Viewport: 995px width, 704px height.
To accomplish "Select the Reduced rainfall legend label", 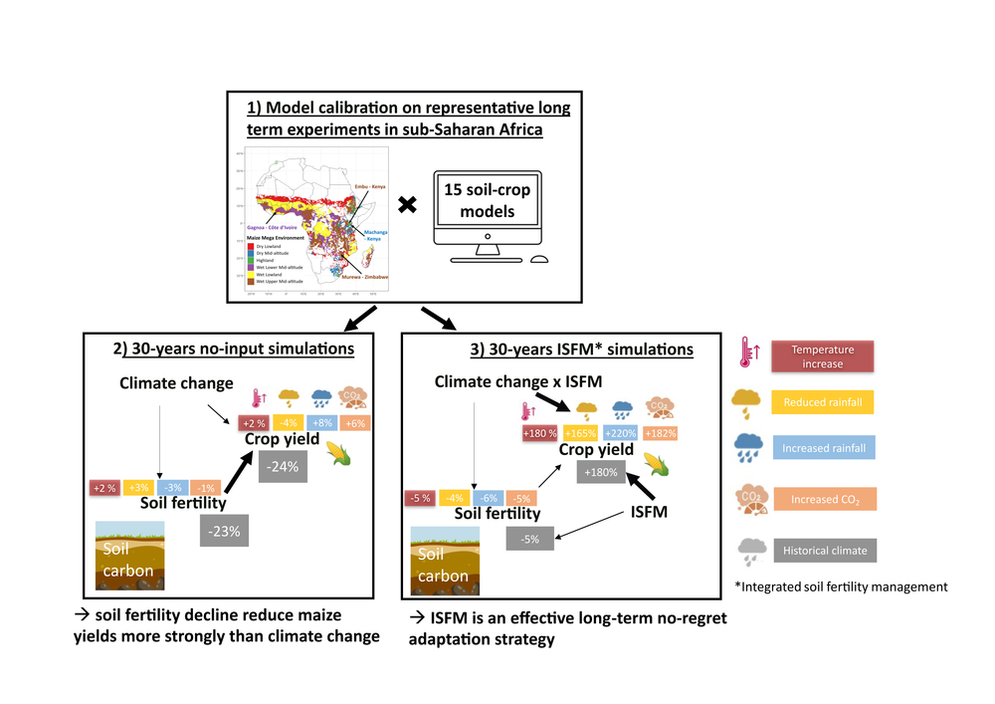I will pos(823,402).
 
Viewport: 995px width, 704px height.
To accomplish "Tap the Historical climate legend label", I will pos(824,550).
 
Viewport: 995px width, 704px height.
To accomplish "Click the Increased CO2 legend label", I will pos(824,499).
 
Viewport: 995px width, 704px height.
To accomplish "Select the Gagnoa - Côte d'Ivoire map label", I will pos(274,227).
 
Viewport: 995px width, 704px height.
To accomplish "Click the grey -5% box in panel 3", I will pos(529,539).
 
